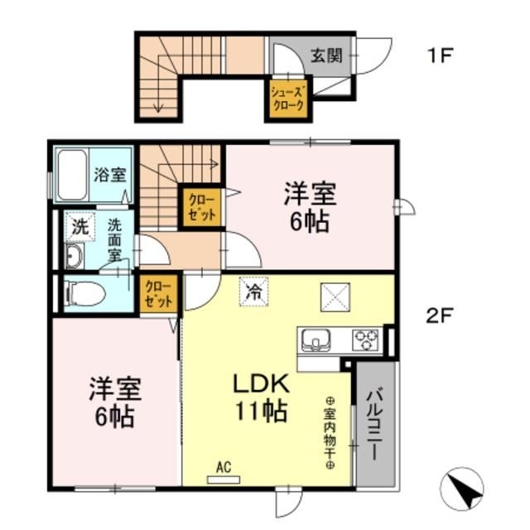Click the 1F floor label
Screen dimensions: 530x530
[440, 57]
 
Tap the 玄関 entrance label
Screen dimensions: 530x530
[326, 56]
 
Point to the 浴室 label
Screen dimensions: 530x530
[109, 175]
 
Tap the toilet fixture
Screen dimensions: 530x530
[84, 292]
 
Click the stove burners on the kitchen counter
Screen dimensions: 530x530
[365, 340]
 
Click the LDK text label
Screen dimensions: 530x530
[259, 384]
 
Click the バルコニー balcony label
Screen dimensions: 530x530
[374, 424]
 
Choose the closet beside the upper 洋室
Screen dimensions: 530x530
[201, 206]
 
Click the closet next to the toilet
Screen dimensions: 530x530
[157, 293]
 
